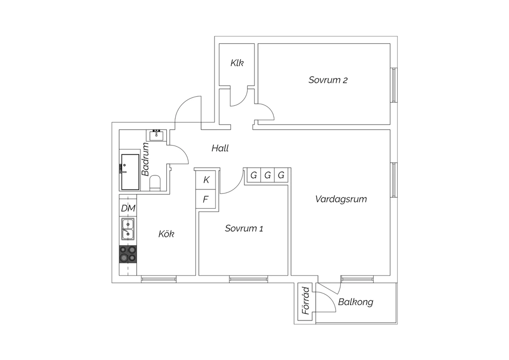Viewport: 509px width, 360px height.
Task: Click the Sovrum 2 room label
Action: [328, 80]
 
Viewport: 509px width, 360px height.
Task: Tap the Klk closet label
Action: [237, 63]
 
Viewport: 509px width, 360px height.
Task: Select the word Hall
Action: [220, 148]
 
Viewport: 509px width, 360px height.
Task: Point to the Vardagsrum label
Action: [341, 199]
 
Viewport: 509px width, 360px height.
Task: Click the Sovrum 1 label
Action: [244, 228]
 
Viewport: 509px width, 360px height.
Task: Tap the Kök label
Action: [166, 234]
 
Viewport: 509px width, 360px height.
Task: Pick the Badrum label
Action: [145, 159]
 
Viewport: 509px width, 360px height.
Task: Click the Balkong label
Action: [356, 302]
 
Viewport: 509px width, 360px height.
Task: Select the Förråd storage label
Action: [306, 301]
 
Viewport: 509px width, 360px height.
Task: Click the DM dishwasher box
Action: [128, 208]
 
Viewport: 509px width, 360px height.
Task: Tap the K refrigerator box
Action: [206, 180]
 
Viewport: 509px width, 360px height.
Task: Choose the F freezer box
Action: [206, 199]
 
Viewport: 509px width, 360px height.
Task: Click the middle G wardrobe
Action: [267, 175]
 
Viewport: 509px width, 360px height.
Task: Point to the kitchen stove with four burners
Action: [128, 254]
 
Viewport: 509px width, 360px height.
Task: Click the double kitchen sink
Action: [128, 229]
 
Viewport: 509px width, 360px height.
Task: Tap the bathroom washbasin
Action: [156, 136]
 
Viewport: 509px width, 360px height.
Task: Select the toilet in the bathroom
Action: [155, 183]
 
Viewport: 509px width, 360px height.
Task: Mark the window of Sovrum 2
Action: [394, 85]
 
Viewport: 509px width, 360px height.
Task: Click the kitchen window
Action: [158, 279]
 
